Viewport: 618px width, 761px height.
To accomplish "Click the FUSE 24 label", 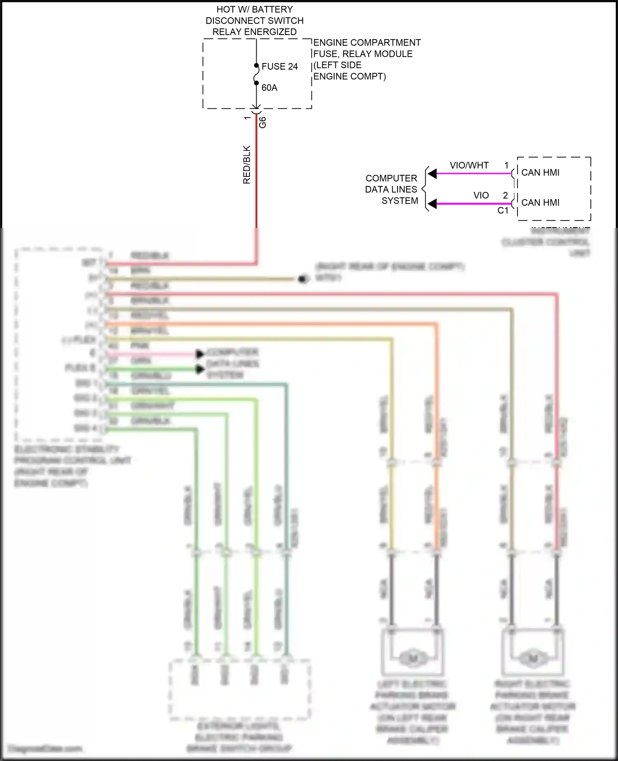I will [279, 66].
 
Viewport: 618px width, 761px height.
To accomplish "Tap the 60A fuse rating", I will [269, 88].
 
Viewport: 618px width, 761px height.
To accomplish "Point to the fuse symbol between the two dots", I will [256, 74].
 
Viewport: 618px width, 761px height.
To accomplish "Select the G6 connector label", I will [262, 122].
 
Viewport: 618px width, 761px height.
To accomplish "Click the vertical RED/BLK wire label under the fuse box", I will [247, 164].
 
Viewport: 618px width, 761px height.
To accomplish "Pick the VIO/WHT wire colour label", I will [469, 165].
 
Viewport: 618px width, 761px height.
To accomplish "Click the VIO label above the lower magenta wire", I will [481, 195].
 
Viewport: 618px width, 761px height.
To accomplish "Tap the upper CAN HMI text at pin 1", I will [540, 172].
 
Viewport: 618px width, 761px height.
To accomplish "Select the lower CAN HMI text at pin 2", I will [540, 202].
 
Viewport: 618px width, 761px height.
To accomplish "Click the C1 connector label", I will [503, 211].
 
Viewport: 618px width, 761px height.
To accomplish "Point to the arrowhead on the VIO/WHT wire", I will [432, 174].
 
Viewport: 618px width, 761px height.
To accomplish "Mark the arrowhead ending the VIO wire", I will [432, 204].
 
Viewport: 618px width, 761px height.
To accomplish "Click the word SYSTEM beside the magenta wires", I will [400, 201].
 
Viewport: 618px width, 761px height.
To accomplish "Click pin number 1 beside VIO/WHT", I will [506, 165].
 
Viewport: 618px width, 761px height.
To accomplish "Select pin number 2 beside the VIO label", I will [505, 195].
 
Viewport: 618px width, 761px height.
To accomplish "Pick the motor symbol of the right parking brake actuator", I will [534, 658].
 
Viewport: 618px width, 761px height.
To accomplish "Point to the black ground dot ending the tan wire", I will [303, 280].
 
